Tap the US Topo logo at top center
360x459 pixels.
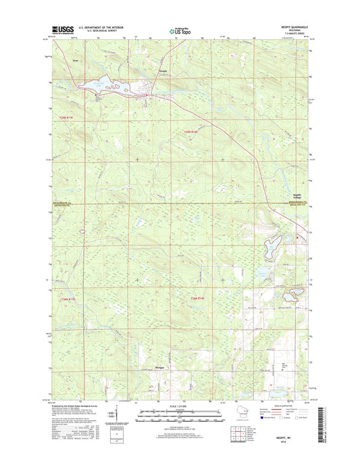tap(180, 30)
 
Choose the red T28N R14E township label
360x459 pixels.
tap(197, 299)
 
